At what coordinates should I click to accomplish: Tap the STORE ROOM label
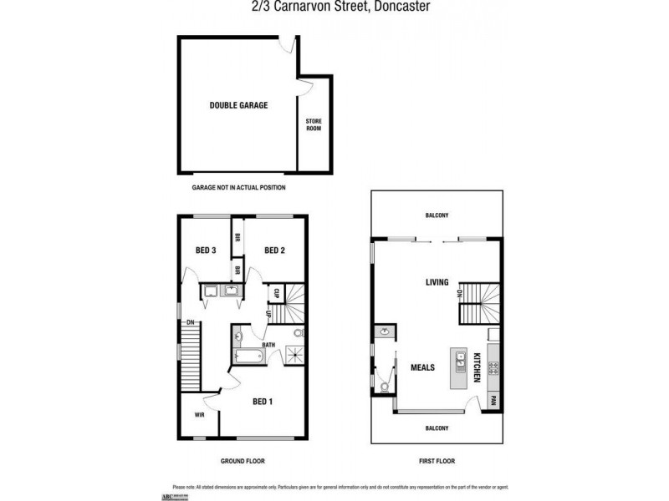(x=313, y=125)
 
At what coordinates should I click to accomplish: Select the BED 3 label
(x=207, y=250)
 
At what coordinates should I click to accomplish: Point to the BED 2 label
(x=276, y=250)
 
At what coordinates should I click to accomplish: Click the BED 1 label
(x=263, y=402)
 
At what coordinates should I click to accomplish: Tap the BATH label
(x=268, y=344)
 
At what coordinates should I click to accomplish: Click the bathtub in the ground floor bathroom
(x=248, y=356)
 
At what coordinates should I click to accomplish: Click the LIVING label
(x=437, y=282)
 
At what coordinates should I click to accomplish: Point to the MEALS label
(x=422, y=367)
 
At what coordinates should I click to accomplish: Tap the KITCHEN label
(x=477, y=367)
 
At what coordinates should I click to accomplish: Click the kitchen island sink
(x=459, y=361)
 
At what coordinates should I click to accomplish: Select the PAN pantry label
(x=493, y=398)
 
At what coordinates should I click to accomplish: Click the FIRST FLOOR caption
(x=437, y=461)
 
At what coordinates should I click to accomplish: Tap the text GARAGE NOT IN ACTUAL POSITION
(x=238, y=188)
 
